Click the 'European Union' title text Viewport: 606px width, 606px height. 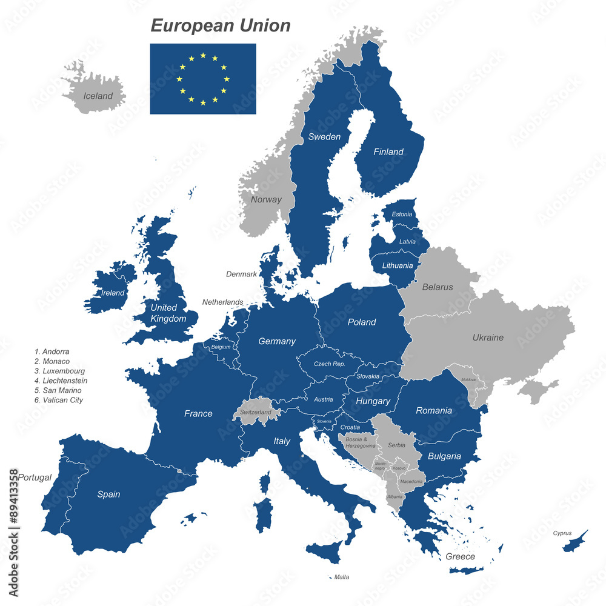tap(221, 25)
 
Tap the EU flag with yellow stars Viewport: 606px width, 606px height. tap(203, 79)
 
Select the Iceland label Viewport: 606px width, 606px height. tap(98, 96)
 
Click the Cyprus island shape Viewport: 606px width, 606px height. tap(575, 541)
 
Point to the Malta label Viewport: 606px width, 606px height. tap(342, 577)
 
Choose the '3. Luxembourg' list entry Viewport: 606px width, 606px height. tap(59, 371)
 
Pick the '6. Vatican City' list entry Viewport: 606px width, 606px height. tap(59, 400)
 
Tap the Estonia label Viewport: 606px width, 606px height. tap(402, 215)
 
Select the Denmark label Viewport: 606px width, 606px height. tap(241, 274)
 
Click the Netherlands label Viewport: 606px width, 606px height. tap(222, 302)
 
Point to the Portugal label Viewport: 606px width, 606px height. tap(35, 478)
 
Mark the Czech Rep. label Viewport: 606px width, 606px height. tap(329, 364)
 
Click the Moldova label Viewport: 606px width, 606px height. tap(468, 379)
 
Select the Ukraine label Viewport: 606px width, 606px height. tap(488, 338)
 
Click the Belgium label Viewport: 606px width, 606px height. tap(221, 347)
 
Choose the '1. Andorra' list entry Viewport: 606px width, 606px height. tap(52, 351)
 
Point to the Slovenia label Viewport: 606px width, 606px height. tap(324, 421)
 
